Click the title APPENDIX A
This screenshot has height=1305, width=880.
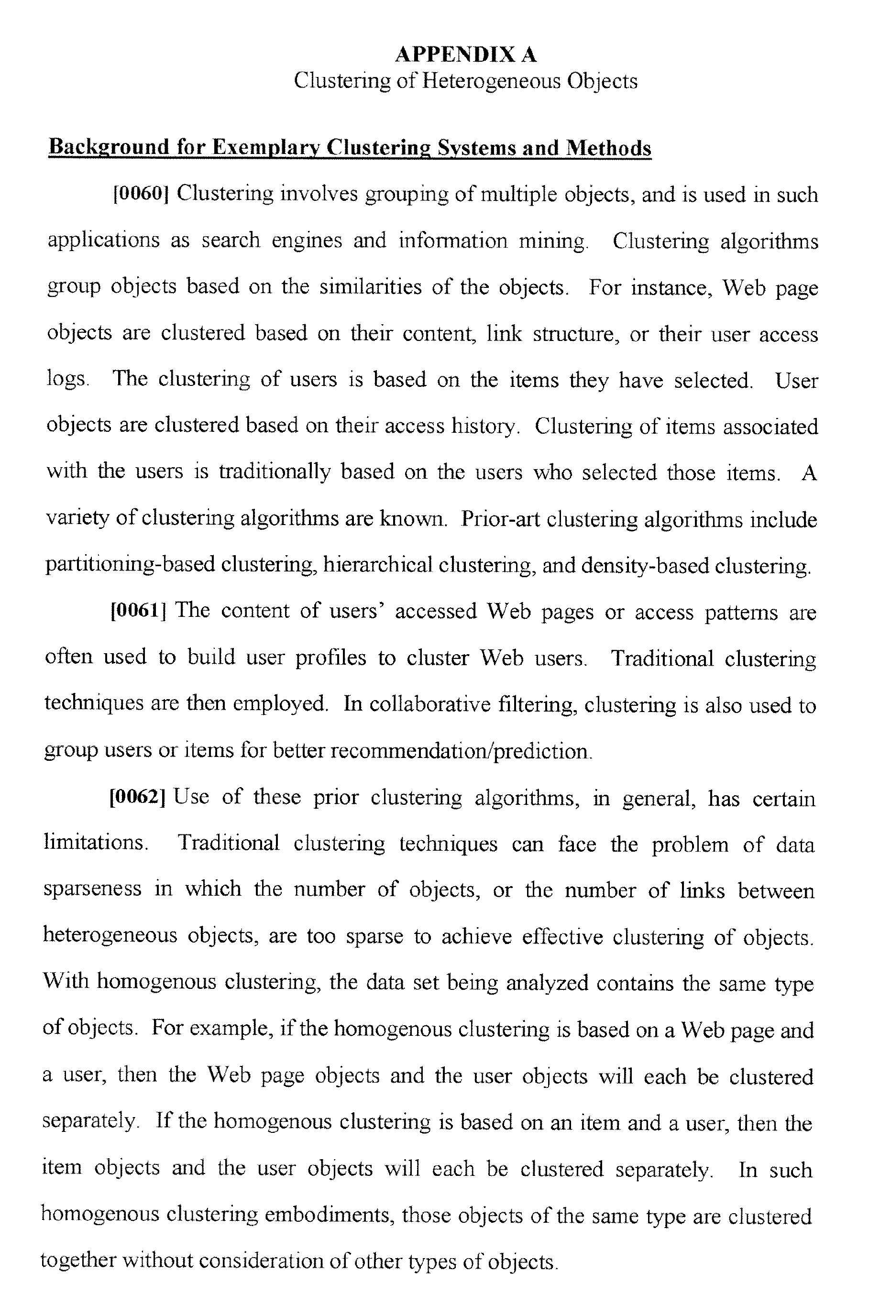click(x=466, y=55)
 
